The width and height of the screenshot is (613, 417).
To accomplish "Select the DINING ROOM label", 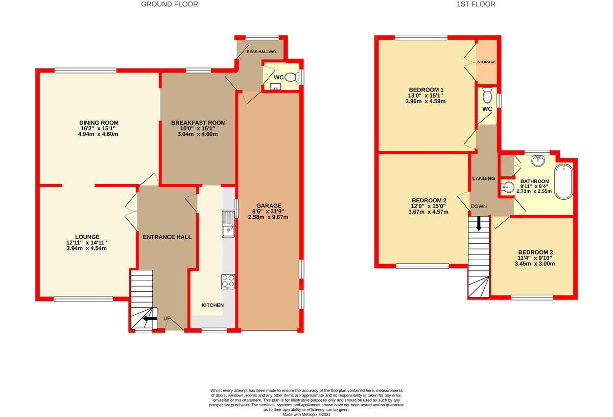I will tap(99, 123).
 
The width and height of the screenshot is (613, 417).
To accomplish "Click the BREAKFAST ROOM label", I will tap(198, 123).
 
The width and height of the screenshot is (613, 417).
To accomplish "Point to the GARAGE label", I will tap(269, 205).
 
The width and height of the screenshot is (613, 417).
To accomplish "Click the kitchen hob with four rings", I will tap(228, 282).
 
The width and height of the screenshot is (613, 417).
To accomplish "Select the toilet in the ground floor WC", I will tap(290, 78).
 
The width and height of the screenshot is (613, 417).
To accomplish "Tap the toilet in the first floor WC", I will tap(487, 96).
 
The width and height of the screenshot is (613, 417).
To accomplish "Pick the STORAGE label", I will tap(487, 62).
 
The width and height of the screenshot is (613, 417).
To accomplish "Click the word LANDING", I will tap(483, 178).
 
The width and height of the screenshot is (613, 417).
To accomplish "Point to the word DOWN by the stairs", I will tap(479, 207).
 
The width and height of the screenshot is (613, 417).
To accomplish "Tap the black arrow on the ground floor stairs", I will tap(149, 319).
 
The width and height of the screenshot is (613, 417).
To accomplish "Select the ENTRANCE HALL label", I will tap(168, 237).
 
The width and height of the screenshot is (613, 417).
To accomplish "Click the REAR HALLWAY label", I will tap(262, 52).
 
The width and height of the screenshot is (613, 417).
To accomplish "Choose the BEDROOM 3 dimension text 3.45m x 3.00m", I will tap(536, 264).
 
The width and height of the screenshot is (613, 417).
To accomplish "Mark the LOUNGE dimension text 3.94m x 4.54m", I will tap(87, 248).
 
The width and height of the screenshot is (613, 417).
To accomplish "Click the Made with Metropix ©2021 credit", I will tap(306, 414).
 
